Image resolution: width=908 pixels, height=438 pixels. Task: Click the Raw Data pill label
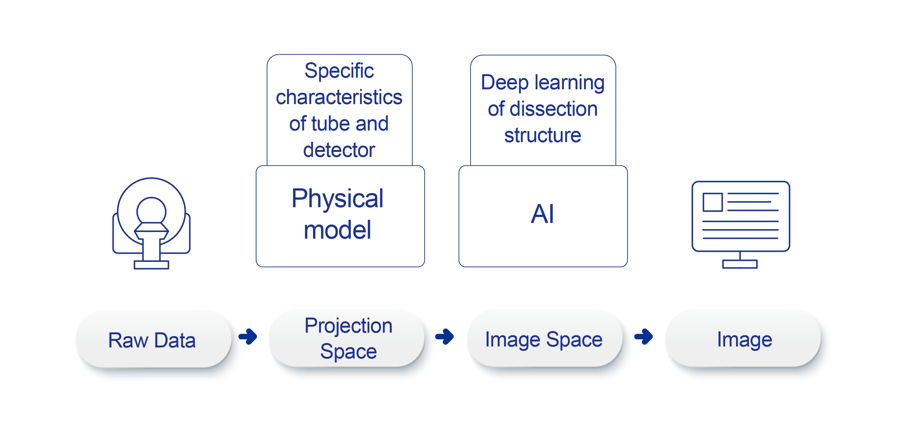tap(152, 340)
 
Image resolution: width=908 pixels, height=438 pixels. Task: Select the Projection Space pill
tap(348, 339)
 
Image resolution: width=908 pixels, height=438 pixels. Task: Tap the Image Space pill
tap(543, 340)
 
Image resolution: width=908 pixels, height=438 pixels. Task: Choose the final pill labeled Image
tap(745, 340)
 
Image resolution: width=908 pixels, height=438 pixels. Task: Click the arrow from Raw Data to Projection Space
tap(248, 336)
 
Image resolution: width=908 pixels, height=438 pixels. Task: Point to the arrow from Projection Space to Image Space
tap(445, 336)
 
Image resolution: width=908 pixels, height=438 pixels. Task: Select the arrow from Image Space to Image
tap(644, 336)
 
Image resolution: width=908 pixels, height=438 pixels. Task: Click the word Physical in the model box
tap(337, 198)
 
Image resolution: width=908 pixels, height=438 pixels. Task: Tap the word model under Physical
tap(337, 230)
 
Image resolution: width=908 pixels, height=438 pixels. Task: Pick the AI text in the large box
tap(542, 214)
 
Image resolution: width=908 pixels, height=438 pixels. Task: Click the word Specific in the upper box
tap(339, 71)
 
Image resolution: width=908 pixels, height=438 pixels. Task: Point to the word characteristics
tap(339, 97)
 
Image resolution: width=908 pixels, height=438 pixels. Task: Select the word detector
tap(339, 150)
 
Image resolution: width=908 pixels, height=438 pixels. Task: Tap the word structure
tap(542, 136)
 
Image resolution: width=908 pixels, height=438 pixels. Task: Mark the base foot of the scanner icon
tap(151, 265)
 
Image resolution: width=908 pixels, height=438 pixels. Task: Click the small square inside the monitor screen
tap(713, 202)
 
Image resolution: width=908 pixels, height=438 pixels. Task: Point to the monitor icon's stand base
tap(740, 264)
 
